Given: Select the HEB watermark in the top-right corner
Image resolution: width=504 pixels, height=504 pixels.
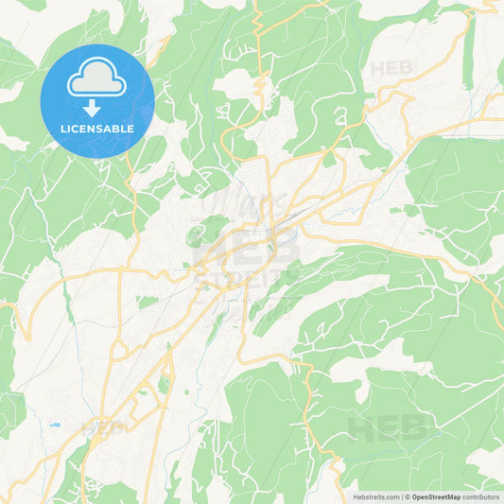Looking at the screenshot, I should click(391, 68).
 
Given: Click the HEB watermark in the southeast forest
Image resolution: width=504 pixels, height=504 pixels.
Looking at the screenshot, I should click(388, 429).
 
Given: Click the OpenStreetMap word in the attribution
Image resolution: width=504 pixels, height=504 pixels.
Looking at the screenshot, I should click(435, 495).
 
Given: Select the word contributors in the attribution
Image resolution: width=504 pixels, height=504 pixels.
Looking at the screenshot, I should click(480, 495).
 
